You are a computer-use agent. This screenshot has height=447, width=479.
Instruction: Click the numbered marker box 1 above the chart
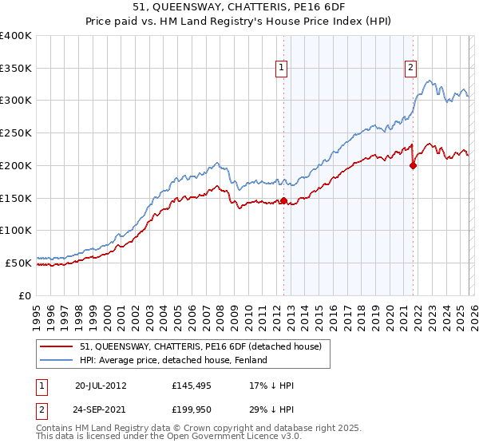click(283, 69)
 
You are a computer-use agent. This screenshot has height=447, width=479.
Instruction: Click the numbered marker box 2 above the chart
click(410, 69)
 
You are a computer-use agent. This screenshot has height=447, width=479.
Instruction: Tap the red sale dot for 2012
click(284, 201)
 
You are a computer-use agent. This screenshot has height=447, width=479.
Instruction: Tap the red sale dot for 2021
click(414, 166)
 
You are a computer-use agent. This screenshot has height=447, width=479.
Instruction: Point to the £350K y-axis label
click(16, 68)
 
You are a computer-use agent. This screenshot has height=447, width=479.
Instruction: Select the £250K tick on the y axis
click(16, 133)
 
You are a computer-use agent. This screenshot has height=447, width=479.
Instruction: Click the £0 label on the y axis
click(26, 295)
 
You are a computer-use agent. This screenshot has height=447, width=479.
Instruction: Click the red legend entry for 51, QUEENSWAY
click(200, 346)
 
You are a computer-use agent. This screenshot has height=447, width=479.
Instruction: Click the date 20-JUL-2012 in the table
click(102, 386)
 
